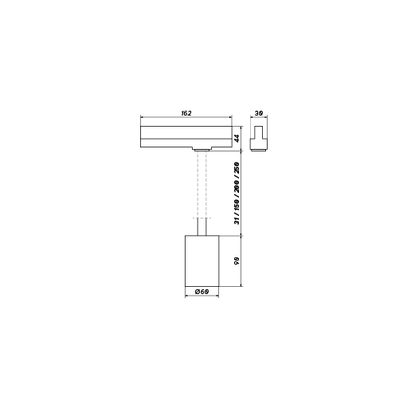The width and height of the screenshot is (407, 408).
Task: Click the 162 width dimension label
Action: tap(186, 113)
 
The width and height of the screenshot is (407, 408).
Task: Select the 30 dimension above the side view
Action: tap(259, 113)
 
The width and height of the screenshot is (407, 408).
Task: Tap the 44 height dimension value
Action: tap(237, 138)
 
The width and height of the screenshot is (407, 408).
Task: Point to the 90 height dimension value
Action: tap(237, 261)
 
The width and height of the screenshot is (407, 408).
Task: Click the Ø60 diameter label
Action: tap(202, 292)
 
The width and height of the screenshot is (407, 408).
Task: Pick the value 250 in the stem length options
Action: tap(237, 167)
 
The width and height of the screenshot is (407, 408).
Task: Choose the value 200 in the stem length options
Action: tap(237, 186)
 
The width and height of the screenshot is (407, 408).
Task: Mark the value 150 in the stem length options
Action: tap(237, 204)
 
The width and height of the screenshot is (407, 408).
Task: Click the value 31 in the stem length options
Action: tap(237, 221)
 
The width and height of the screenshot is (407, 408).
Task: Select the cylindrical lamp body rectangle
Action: tap(202, 261)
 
